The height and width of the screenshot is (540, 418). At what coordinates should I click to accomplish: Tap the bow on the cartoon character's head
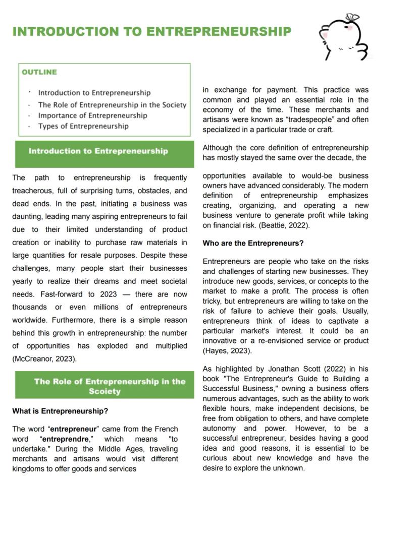point(352,18)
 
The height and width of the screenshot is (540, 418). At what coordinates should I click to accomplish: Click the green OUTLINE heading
point(39,72)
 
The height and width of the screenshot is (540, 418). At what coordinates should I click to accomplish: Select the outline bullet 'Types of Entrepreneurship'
point(83,126)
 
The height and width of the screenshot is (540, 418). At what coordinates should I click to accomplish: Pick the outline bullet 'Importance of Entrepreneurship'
point(92,115)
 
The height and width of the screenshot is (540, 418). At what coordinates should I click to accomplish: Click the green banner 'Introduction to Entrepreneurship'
point(98,151)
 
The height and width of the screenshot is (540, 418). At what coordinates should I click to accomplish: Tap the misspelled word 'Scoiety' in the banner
point(104,391)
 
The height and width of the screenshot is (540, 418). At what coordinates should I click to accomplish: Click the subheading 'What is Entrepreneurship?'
point(60,411)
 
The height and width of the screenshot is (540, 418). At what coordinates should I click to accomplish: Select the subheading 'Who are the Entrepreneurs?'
point(253,243)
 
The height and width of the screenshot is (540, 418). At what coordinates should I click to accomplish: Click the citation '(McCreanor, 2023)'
point(44,359)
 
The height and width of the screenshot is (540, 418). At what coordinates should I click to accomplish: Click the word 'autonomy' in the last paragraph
point(219,429)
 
